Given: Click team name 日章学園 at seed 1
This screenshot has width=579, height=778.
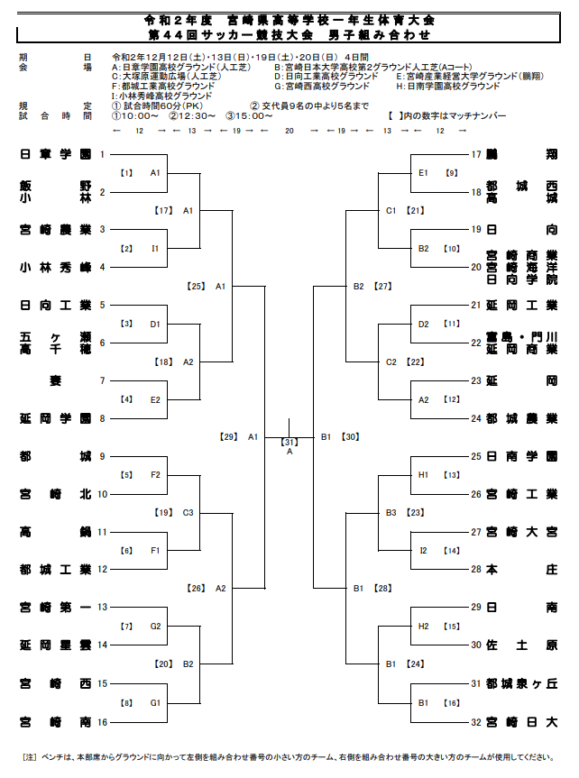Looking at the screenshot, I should point(55,154).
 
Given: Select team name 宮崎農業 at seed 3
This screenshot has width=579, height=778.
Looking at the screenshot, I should point(55,229).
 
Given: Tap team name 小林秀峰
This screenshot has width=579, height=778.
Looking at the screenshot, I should point(55,267).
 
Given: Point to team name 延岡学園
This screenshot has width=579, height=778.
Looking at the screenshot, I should point(55,418).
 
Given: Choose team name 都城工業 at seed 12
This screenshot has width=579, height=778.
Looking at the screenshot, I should point(55,569).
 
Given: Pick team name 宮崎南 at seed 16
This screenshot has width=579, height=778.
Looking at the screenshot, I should point(55,721).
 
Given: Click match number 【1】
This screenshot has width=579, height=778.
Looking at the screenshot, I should point(127,172).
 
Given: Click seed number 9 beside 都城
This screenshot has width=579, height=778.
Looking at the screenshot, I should point(102,456).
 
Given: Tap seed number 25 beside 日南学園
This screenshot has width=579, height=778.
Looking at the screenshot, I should point(476,456).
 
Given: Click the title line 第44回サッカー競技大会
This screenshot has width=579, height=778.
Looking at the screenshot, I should point(289,35).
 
